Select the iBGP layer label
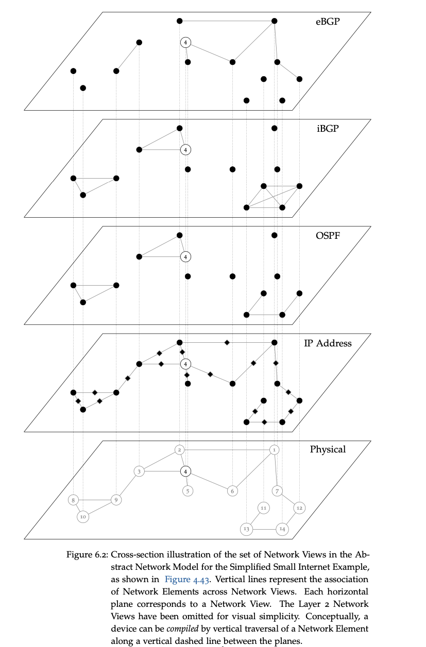[328, 129]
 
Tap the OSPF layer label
[328, 236]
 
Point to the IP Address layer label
[328, 343]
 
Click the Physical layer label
[328, 449]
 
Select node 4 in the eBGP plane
[185, 42]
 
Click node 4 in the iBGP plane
[185, 150]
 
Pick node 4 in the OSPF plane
[185, 256]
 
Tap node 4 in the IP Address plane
[185, 364]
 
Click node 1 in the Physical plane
[274, 449]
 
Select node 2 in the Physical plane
[179, 449]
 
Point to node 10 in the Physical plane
[83, 516]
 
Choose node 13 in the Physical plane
[246, 529]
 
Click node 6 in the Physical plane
[232, 491]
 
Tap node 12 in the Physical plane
[299, 508]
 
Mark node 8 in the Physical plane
[74, 499]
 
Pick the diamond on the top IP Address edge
[227, 342]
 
